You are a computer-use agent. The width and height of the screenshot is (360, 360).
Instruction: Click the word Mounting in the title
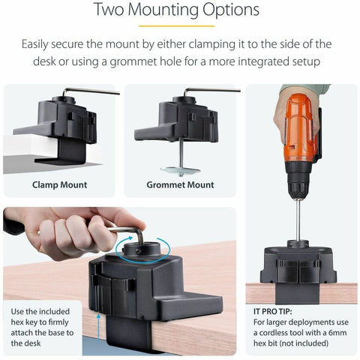pyautogui.click(x=163, y=10)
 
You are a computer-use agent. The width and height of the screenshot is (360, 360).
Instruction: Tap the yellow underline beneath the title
pyautogui.click(x=177, y=25)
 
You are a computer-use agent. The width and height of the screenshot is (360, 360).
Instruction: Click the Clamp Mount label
pyautogui.click(x=59, y=185)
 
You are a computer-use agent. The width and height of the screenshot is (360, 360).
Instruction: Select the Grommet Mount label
pyautogui.click(x=180, y=185)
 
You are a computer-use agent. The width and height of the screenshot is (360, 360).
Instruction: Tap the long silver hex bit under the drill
pyautogui.click(x=298, y=220)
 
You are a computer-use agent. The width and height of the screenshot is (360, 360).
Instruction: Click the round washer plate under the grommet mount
pyautogui.click(x=181, y=171)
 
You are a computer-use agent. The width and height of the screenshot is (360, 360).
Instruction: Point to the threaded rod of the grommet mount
pyautogui.click(x=181, y=153)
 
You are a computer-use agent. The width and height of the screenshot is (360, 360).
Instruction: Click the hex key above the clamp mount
pyautogui.click(x=90, y=91)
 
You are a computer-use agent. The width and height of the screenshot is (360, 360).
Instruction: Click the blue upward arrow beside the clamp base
pyautogui.click(x=99, y=328)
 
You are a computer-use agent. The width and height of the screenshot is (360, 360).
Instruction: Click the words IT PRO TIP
pyautogui.click(x=273, y=311)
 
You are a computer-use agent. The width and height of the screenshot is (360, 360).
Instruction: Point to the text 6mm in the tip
pyautogui.click(x=337, y=333)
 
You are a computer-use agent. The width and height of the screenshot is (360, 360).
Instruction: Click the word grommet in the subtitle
pyautogui.click(x=133, y=61)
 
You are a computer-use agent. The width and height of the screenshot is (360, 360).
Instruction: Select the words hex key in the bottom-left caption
pyautogui.click(x=24, y=322)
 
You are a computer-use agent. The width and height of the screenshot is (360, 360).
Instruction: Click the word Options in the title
pyautogui.click(x=231, y=10)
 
